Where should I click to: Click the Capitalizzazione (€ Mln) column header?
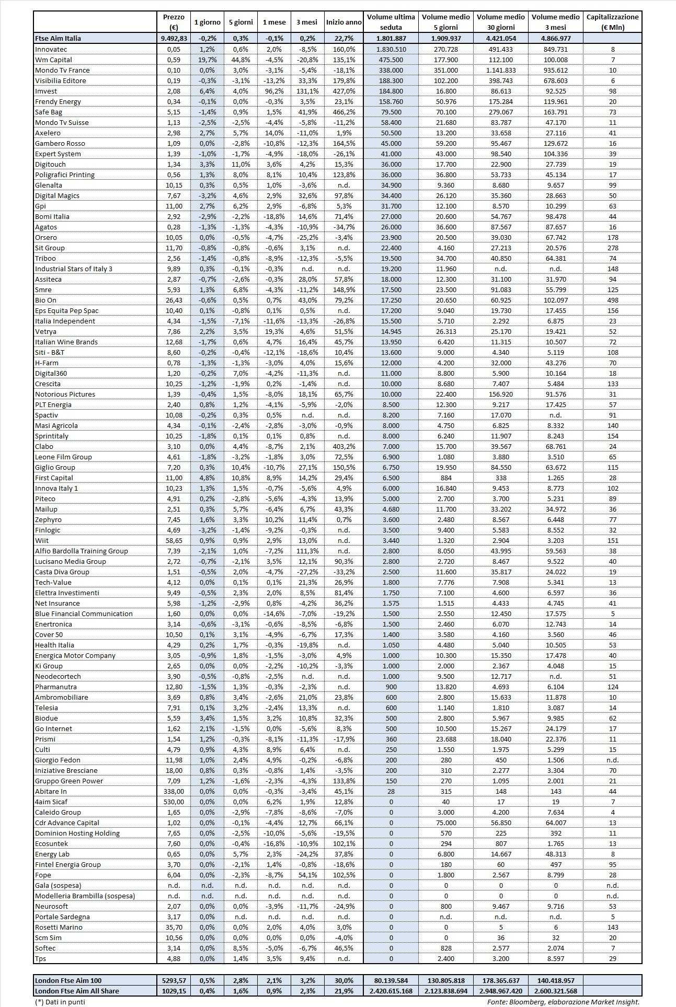[612, 22]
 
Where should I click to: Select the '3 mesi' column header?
[307, 22]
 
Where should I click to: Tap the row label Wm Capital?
[53, 60]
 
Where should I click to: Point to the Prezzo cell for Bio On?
[174, 300]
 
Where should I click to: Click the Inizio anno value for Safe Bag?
[343, 112]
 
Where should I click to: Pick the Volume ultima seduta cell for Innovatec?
[391, 49]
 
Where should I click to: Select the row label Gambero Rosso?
[60, 143]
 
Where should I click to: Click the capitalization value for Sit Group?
[612, 248]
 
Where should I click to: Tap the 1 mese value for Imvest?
[274, 91]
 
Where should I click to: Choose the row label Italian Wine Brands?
[66, 342]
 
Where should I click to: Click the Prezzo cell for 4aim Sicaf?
[174, 802]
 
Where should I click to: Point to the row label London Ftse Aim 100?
[68, 980]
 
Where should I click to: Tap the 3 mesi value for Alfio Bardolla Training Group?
[307, 551]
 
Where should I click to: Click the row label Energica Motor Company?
[75, 655]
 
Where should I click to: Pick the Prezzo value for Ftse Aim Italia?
[174, 38]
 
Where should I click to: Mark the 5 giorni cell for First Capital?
[240, 478]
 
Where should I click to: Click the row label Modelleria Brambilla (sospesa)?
[85, 896]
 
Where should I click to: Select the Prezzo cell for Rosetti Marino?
[174, 927]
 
